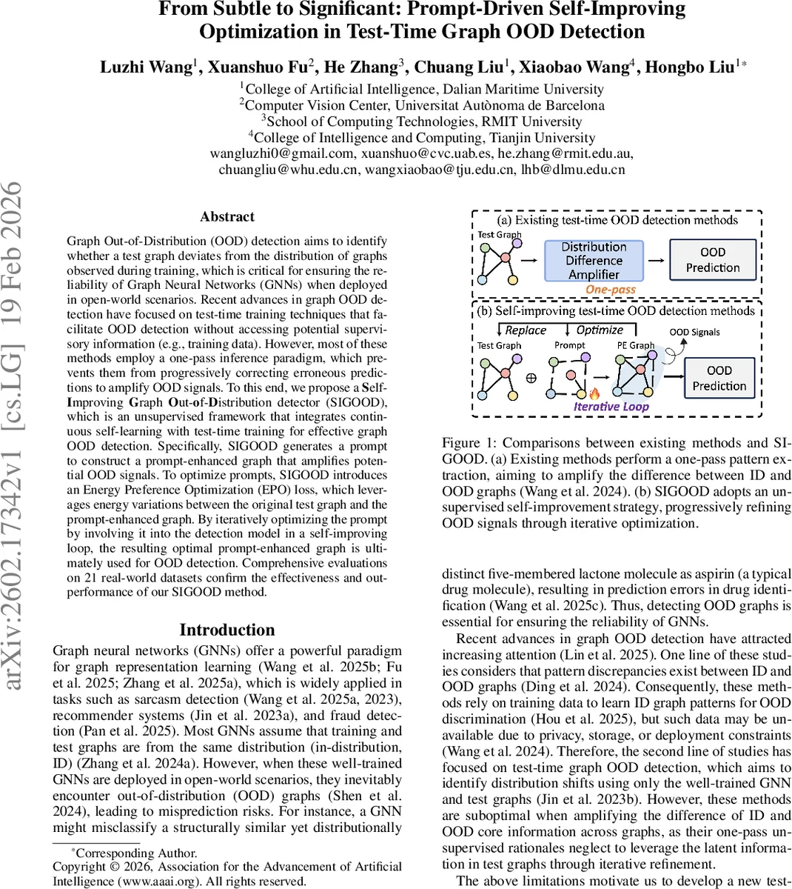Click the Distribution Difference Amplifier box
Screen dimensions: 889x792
point(594,260)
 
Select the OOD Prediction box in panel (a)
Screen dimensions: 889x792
point(712,260)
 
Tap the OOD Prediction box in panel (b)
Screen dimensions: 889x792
point(719,378)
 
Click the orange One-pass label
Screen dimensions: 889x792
point(611,290)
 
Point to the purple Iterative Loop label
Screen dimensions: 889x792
point(611,406)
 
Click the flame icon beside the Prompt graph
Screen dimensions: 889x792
point(594,393)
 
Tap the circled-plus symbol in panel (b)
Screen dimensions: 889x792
point(531,377)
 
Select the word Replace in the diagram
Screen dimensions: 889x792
point(525,330)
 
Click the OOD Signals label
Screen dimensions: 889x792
point(694,332)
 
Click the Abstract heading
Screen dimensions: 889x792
point(227,217)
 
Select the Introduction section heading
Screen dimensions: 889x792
point(227,630)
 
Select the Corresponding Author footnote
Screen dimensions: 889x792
point(136,853)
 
